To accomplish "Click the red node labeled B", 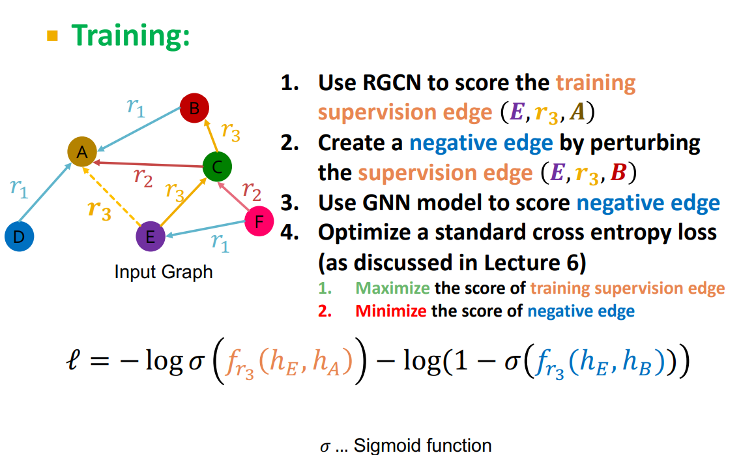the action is pos(194,108).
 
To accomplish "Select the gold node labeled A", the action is pos(82,151).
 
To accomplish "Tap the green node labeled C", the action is pos(217,166).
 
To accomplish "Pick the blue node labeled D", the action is pos(20,236).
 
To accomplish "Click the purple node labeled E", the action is pos(151,236).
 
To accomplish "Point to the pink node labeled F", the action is pos(259,221).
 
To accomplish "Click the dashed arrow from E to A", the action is pos(111,196).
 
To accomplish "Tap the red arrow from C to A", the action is pos(148,165).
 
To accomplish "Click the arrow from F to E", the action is pos(205,228).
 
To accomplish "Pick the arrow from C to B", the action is pos(211,136).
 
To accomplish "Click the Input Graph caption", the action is pos(164,272).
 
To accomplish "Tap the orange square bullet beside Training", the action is pos(52,36).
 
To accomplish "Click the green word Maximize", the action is pos(392,288).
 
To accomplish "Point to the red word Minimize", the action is pos(390,311).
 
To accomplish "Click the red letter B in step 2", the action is pos(618,173).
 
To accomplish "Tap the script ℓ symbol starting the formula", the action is pos(73,361).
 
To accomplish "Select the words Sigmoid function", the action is pos(422,445).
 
